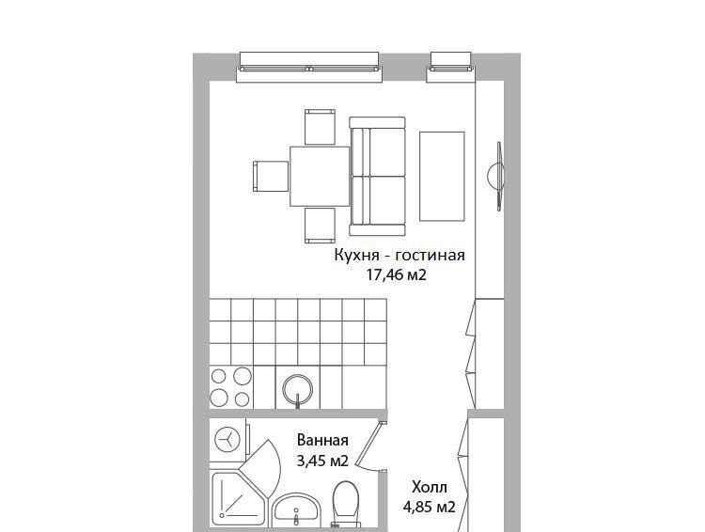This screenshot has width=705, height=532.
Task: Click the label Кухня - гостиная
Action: point(399,256)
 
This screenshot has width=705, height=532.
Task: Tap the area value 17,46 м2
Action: point(396,274)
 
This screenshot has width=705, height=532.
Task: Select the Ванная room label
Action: point(322,440)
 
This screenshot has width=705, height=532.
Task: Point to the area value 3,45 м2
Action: point(322,461)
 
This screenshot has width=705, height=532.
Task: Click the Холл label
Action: point(430,487)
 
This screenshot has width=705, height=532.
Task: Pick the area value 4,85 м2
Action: point(430,508)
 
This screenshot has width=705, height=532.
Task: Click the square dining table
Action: point(320,177)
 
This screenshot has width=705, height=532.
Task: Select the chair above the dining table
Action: point(321,127)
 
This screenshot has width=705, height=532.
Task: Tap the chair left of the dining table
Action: point(271,177)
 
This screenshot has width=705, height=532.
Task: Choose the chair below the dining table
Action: point(321,226)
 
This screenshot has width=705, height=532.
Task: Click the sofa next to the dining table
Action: point(378,177)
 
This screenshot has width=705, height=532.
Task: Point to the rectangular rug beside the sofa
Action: point(442,177)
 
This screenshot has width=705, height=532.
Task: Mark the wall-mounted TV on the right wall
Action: point(497,176)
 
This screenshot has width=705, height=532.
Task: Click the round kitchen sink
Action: point(298,390)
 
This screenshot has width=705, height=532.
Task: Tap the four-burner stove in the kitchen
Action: point(231,387)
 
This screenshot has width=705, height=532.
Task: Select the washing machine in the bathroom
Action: point(227,440)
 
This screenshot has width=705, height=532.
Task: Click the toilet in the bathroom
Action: point(346,504)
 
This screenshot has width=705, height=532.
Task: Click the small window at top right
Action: point(451,67)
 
